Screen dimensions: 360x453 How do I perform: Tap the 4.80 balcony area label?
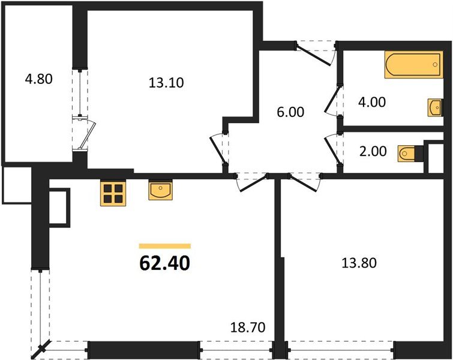(40, 79)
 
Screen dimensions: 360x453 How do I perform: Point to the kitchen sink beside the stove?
(161, 191)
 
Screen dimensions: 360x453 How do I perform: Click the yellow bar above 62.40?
(164, 245)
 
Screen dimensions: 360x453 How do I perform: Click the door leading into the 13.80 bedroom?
(303, 182)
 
